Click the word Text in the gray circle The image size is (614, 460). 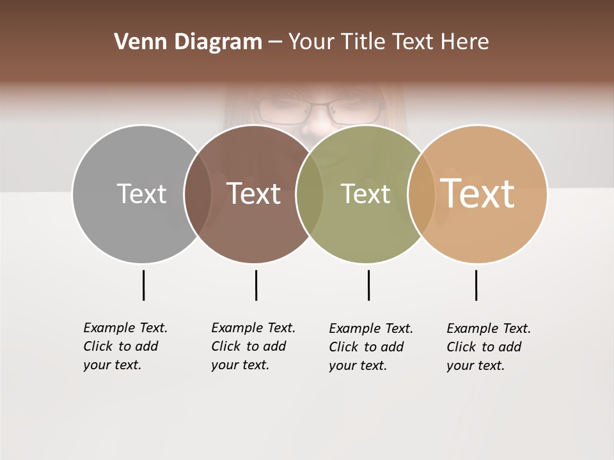point(141,194)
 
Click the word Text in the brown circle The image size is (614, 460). point(253,194)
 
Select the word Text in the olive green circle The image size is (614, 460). point(365,194)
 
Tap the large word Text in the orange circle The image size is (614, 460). point(477,193)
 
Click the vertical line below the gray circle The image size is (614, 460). point(143,285)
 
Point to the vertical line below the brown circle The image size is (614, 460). point(256,285)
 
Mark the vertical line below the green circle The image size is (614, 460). point(368,285)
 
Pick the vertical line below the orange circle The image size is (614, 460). point(476,285)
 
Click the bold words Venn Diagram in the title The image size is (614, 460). point(188,42)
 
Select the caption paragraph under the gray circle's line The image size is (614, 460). point(125,346)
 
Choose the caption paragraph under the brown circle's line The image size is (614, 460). point(253,346)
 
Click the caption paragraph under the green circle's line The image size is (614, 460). point(371,347)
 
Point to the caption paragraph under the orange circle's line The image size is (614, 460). point(489,347)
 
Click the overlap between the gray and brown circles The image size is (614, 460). point(198,194)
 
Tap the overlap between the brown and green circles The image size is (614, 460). point(310,194)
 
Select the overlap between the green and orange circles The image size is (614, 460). point(421,194)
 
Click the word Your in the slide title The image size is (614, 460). point(311,42)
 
